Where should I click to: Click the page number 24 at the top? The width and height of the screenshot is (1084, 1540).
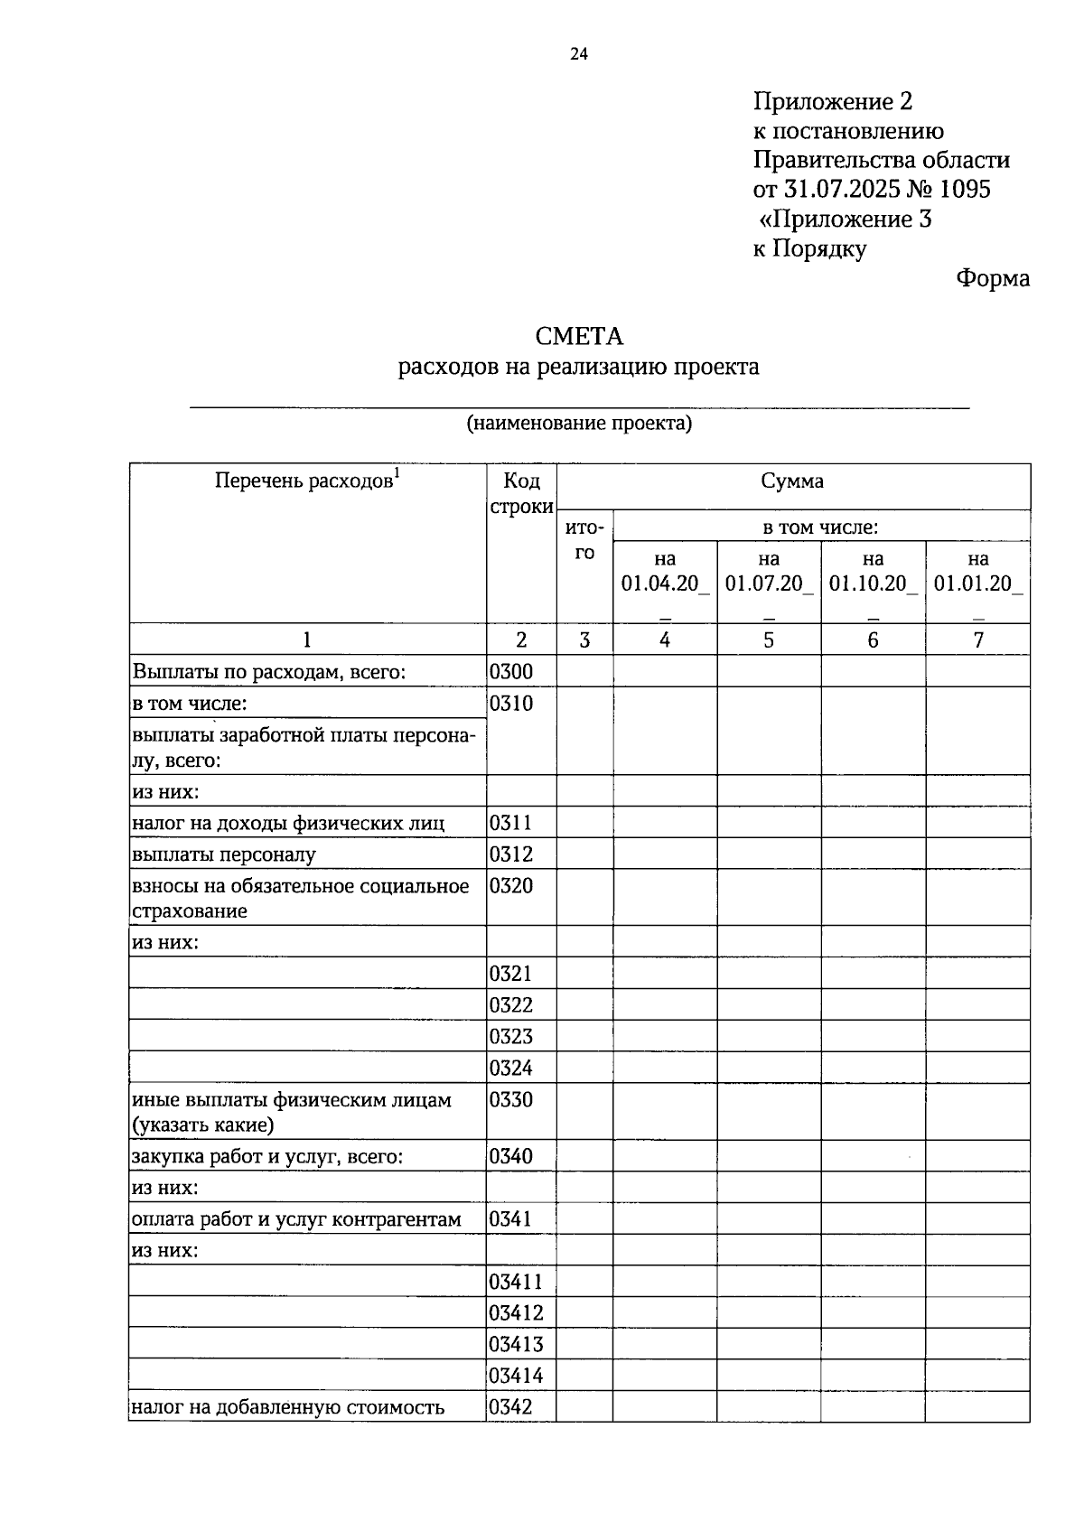(579, 55)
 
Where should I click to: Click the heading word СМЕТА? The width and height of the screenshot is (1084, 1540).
(579, 337)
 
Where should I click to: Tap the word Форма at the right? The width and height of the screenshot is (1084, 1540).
(992, 278)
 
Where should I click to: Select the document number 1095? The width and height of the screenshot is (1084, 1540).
(965, 189)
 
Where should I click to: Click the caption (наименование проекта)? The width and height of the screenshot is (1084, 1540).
(578, 423)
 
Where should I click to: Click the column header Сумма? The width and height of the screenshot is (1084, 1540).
(792, 481)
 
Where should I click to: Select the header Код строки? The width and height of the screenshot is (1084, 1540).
(521, 493)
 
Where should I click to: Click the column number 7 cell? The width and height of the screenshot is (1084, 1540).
(977, 639)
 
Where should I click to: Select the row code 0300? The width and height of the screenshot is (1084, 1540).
(511, 671)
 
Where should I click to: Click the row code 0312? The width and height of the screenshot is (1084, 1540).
(511, 854)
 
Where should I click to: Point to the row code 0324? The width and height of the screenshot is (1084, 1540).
(511, 1069)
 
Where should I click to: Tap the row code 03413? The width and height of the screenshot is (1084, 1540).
(516, 1344)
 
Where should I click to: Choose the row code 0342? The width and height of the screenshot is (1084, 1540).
(511, 1406)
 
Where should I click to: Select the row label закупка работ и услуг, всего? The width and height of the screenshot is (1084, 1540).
(267, 1156)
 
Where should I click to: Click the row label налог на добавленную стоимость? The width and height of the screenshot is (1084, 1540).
(288, 1406)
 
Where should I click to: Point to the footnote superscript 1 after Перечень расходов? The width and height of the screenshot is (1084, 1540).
(397, 472)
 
